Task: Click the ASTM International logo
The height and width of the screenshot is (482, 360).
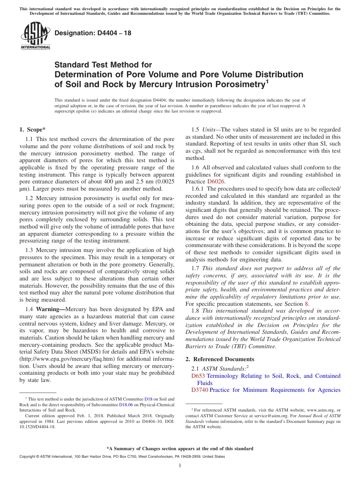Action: [x=35, y=36]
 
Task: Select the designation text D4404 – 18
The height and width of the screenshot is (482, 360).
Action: [x=93, y=33]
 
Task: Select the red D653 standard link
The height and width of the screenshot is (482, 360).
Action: [x=198, y=376]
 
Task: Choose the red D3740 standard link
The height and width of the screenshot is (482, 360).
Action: [x=200, y=390]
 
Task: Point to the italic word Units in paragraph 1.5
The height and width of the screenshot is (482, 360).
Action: [x=209, y=130]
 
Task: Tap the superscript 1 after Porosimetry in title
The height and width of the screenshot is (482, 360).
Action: [x=267, y=81]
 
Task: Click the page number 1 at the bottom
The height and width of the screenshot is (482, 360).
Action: [x=180, y=466]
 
